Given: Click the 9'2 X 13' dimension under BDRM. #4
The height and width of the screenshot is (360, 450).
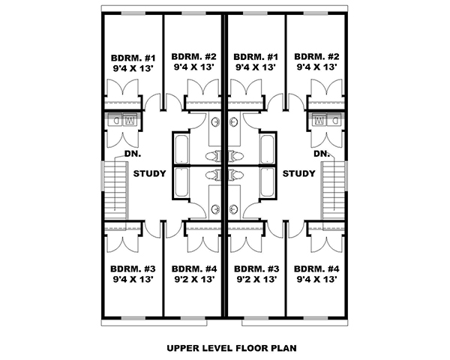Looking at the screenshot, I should pyautogui.click(x=194, y=278).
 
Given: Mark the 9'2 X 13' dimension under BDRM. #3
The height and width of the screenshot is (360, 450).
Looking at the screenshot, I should pyautogui.click(x=256, y=278).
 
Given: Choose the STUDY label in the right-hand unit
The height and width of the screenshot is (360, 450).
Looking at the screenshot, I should pyautogui.click(x=298, y=174).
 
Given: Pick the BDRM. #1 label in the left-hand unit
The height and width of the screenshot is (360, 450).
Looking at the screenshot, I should pyautogui.click(x=132, y=57).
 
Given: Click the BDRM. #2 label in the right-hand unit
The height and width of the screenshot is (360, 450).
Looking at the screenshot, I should pyautogui.click(x=317, y=57).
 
